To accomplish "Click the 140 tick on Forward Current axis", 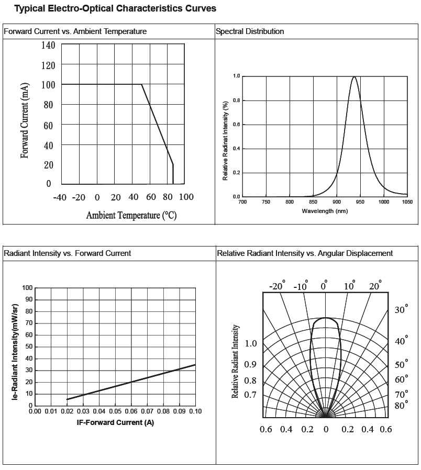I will click(48, 45).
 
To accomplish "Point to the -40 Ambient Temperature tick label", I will click(60, 197).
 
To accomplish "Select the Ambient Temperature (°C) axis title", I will click(131, 215).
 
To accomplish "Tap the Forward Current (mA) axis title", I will click(25, 120).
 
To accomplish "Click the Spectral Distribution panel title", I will click(250, 31).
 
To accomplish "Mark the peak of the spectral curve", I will click(354, 77).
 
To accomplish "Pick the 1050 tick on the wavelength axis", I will click(407, 202).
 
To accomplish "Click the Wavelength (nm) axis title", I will click(325, 211).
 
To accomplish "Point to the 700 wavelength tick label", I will click(242, 202).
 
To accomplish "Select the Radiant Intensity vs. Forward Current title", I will click(68, 253).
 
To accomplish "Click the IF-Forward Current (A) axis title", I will click(115, 422).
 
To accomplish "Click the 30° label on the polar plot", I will click(401, 310).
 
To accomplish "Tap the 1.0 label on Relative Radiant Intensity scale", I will click(251, 344).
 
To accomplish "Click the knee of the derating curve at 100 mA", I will click(141, 84).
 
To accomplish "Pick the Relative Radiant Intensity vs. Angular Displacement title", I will click(305, 253).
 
